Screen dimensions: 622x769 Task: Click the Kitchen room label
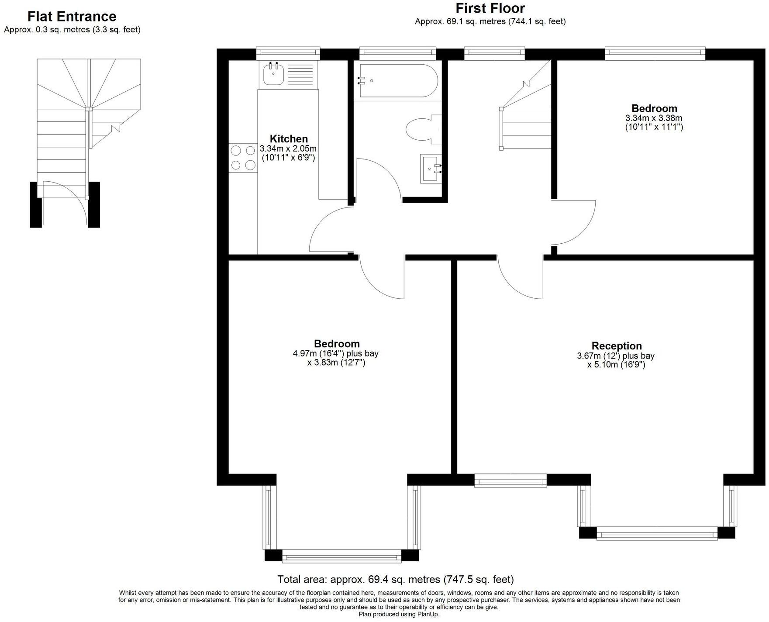tap(289, 139)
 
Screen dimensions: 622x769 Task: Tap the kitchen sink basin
tap(273, 74)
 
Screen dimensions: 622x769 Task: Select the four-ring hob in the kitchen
tap(243, 158)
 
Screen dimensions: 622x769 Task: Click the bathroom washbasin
tap(431, 169)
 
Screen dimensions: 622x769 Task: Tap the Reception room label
tap(616, 346)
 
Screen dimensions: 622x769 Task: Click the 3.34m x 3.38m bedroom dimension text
tap(654, 118)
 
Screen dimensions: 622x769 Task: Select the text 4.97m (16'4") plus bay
tap(335, 353)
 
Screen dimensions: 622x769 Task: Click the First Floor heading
tap(490, 8)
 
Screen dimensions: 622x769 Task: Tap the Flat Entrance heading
tap(72, 17)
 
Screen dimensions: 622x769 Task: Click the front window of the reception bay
tap(656, 533)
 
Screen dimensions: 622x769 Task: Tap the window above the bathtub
tap(397, 53)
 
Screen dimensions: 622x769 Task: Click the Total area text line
tap(395, 579)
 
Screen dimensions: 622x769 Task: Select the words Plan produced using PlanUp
tap(399, 614)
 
